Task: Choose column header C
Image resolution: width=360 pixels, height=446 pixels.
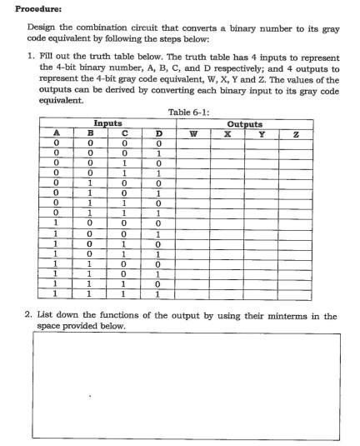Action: [x=124, y=133]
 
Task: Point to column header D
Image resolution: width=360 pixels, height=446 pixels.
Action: [x=158, y=133]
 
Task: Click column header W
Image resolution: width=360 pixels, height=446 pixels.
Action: [x=193, y=133]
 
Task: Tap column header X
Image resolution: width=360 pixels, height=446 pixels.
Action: [x=227, y=133]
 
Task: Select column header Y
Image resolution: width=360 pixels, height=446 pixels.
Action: [x=261, y=133]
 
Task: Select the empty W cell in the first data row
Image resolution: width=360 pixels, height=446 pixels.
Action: [x=193, y=143]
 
